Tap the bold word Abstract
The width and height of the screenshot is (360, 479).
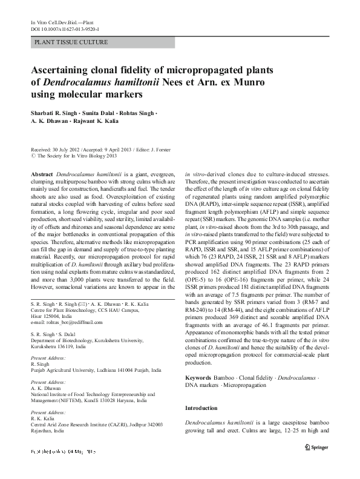(42, 173)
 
